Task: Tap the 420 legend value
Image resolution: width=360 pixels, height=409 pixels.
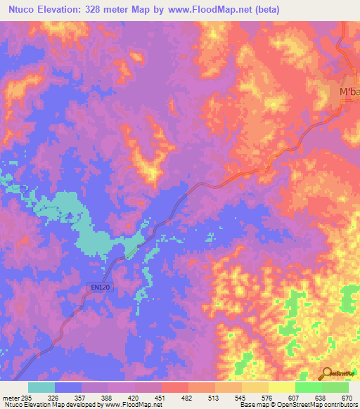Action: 134,397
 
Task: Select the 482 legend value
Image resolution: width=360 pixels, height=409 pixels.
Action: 187,397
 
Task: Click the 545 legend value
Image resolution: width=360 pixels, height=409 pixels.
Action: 240,397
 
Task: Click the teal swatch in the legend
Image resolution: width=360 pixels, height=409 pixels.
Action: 41,387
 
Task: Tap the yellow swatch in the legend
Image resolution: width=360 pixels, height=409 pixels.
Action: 281,387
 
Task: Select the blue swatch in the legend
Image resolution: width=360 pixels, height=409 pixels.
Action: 68,387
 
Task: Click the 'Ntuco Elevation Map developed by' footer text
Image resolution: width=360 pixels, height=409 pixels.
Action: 49,405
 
